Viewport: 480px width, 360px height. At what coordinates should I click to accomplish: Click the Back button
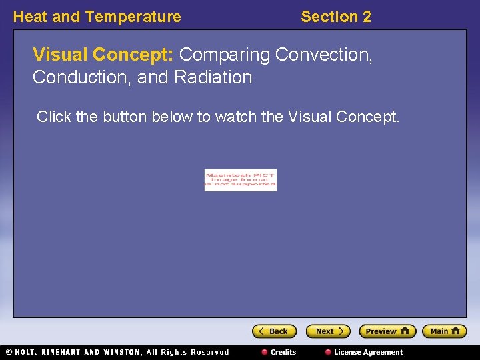coord(274,331)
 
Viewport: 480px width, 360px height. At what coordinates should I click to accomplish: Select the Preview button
coord(387,331)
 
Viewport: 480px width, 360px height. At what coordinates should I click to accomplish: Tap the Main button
coord(445,331)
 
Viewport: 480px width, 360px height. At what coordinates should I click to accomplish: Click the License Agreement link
coord(368,352)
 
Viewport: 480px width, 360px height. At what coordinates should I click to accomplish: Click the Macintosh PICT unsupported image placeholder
coord(240,180)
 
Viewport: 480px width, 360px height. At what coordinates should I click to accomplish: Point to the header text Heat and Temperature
coord(97,17)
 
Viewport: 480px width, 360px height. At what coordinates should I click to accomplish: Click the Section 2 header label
coord(335,17)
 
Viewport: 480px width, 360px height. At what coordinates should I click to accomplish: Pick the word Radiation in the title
coord(213,77)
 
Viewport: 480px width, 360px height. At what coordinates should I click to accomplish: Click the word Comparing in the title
coord(225,54)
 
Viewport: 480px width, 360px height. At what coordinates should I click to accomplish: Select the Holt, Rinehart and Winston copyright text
coord(117,352)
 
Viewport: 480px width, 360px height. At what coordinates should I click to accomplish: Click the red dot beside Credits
coord(265,352)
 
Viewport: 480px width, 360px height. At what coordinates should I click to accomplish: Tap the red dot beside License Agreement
coord(328,352)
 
